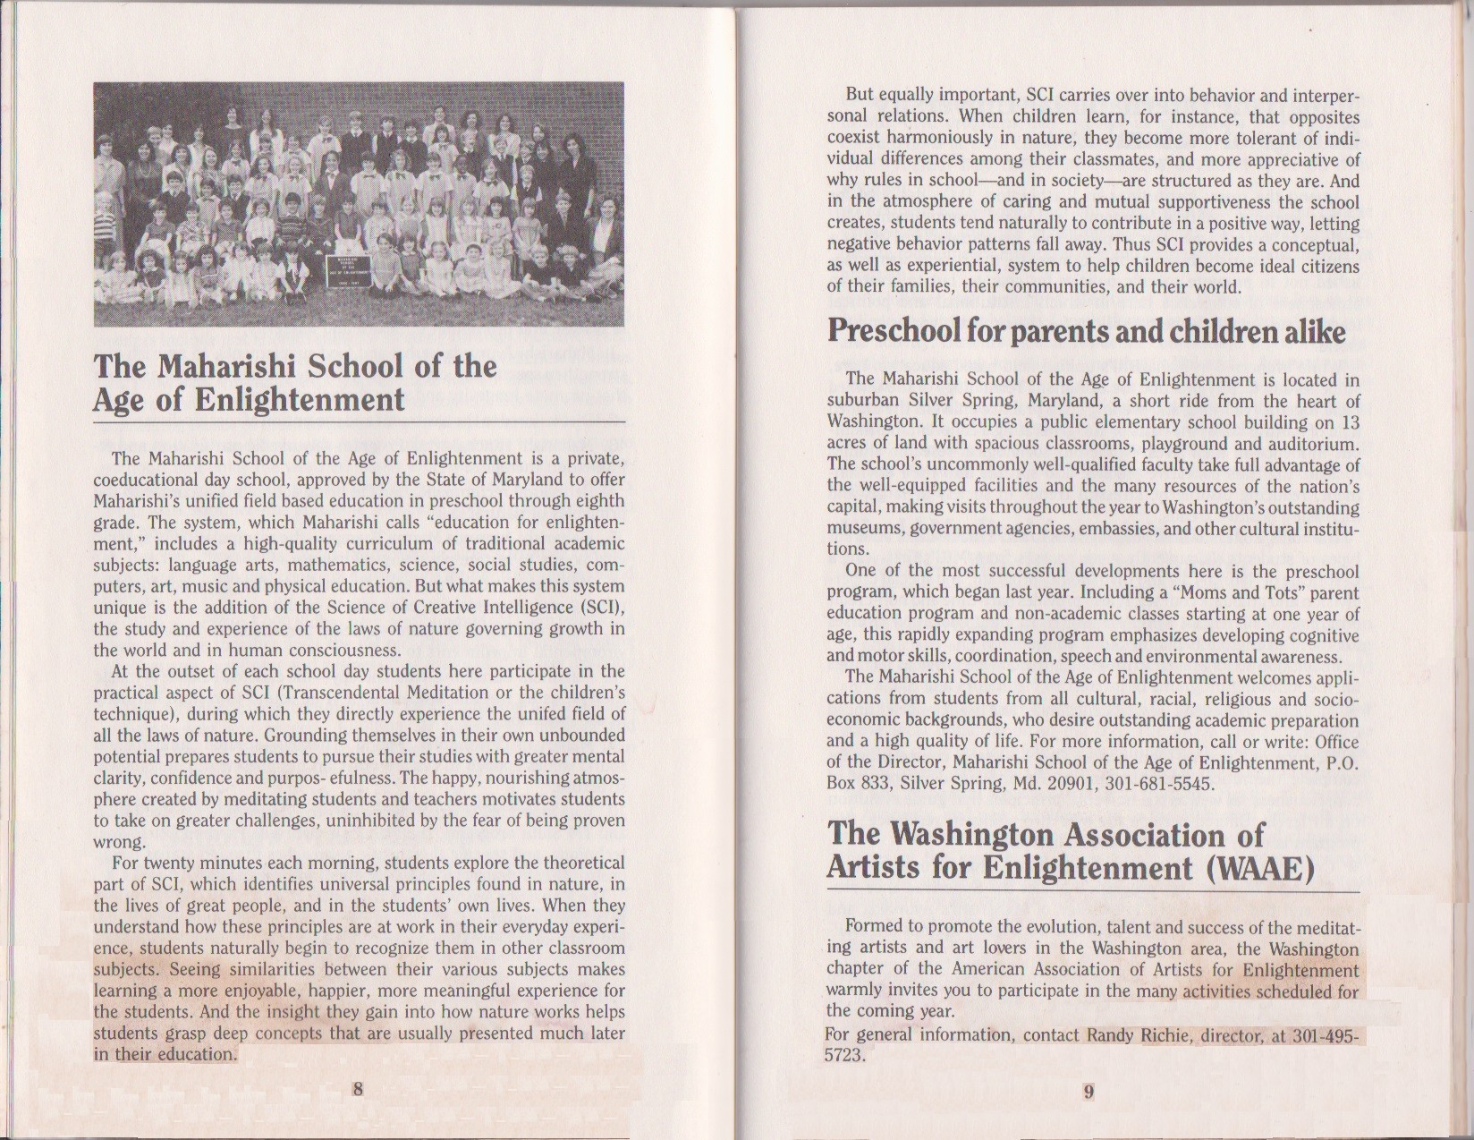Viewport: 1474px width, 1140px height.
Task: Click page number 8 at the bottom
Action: [x=358, y=1089]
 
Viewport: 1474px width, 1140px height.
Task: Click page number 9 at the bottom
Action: [x=1089, y=1091]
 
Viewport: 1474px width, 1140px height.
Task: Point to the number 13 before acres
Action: [x=1349, y=422]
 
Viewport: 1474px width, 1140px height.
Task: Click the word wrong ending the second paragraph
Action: [x=118, y=842]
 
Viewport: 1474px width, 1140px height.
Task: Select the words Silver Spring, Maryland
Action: [x=994, y=401]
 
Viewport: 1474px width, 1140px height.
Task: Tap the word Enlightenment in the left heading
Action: [x=300, y=400]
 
